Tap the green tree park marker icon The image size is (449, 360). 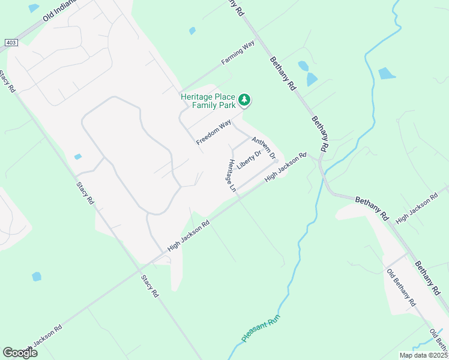pyautogui.click(x=244, y=100)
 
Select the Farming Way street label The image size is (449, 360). pyautogui.click(x=238, y=53)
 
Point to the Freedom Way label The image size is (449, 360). pyautogui.click(x=214, y=132)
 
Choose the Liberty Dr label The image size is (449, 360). pyautogui.click(x=249, y=160)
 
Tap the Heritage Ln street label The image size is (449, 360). pyautogui.click(x=231, y=175)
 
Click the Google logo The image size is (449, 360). pyautogui.click(x=20, y=353)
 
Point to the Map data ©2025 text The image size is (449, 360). pyautogui.click(x=423, y=355)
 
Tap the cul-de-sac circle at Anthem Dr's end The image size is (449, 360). pyautogui.click(x=276, y=160)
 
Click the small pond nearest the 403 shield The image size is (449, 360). pyautogui.click(x=33, y=8)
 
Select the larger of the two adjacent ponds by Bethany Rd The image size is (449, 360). pyautogui.click(x=312, y=79)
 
